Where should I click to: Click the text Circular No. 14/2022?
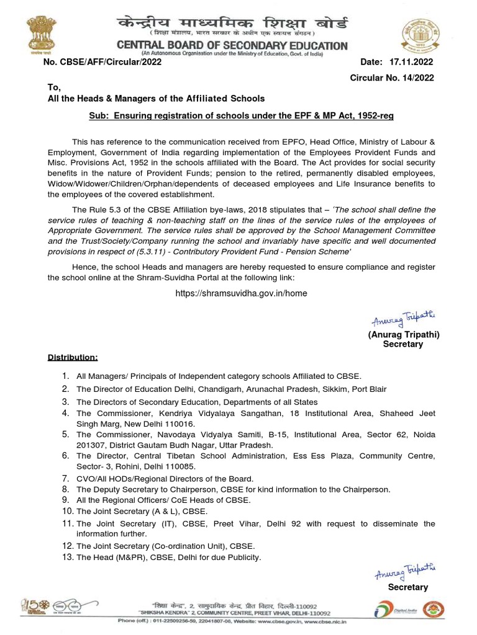click(x=391, y=78)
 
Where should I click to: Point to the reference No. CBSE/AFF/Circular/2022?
click(x=102, y=63)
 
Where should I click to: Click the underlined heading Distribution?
click(x=73, y=358)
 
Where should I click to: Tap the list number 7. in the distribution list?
click(x=65, y=478)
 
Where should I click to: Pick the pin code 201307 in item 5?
click(x=91, y=445)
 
